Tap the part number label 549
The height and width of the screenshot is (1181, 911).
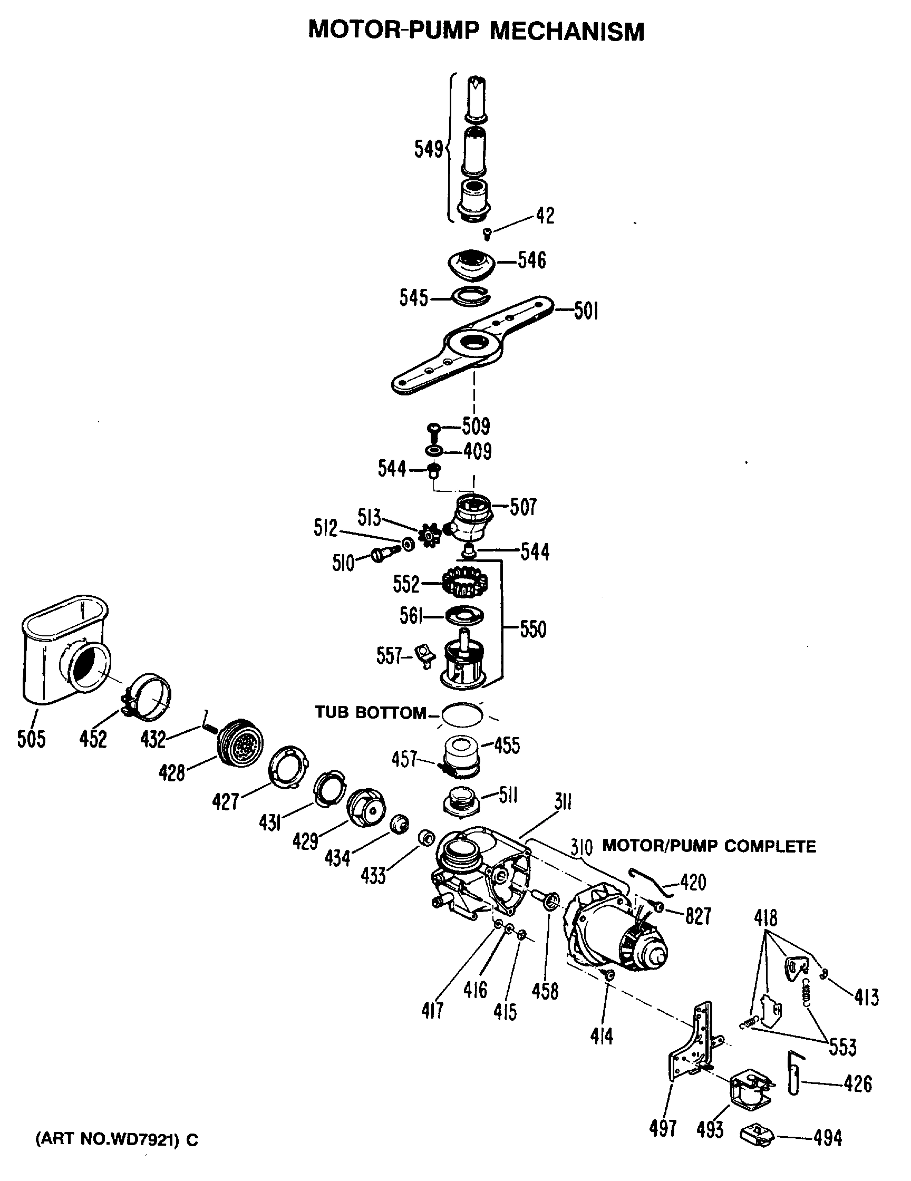[428, 149]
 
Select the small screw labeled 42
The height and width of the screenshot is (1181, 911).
[487, 234]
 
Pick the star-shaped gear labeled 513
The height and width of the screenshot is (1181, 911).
[431, 535]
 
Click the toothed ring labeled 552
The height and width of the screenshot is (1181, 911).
[465, 583]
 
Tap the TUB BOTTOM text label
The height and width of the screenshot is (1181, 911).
[371, 712]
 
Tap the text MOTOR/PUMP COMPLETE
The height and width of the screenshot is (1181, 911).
[709, 846]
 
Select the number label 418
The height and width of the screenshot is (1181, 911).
[765, 918]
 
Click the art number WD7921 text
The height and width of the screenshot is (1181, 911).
[116, 1139]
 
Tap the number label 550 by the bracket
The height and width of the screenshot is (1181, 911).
[533, 630]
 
